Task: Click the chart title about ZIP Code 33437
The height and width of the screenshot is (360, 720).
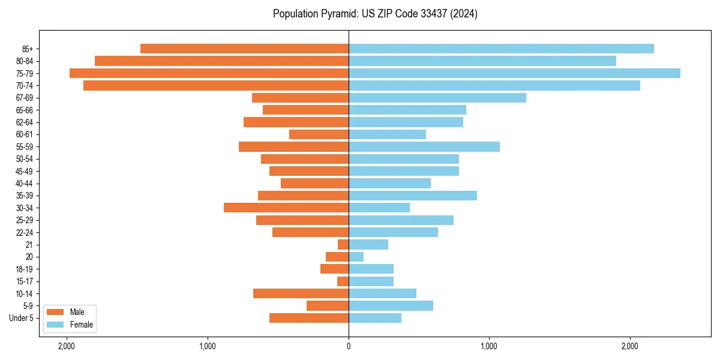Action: tap(375, 14)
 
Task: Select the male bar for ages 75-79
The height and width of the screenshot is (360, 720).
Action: tap(209, 73)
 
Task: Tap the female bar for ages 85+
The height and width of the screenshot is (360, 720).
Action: tap(501, 49)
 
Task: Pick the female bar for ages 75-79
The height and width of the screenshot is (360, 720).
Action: tap(514, 73)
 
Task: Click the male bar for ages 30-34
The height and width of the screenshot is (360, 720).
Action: tap(286, 208)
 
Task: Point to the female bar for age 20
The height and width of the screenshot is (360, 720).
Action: tap(356, 257)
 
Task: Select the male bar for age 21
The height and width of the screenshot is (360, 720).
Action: tap(343, 244)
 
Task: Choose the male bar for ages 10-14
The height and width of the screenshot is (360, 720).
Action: tap(301, 293)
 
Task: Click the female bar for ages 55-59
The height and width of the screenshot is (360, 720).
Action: tap(424, 146)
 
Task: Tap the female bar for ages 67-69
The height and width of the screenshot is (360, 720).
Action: tap(437, 98)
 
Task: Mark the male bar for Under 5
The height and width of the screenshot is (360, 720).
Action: tap(309, 318)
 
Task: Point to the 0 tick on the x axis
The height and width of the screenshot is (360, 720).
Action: tap(349, 346)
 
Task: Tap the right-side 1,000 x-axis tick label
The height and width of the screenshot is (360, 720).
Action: tap(489, 346)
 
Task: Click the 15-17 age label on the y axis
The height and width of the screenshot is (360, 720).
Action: tap(25, 281)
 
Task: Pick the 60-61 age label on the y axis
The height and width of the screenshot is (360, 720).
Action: tap(25, 134)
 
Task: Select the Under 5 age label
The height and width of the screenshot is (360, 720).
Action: tap(22, 318)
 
